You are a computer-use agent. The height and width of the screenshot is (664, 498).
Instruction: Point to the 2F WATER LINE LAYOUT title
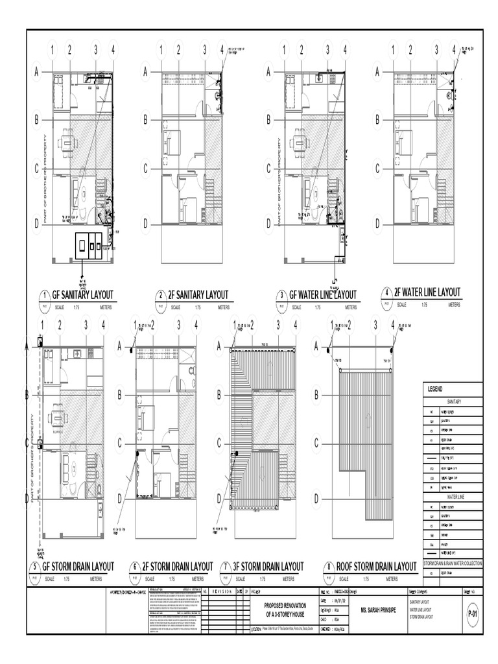[x=427, y=292]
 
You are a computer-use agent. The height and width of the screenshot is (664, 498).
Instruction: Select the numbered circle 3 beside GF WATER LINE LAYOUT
[x=281, y=296]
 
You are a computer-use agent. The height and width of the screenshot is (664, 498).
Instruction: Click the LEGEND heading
[x=434, y=389]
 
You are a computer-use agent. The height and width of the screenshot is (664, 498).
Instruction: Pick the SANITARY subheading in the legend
[x=453, y=401]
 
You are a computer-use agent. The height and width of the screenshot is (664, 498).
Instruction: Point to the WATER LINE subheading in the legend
[x=453, y=496]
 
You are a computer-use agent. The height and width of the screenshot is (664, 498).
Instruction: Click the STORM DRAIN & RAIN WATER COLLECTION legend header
[x=453, y=564]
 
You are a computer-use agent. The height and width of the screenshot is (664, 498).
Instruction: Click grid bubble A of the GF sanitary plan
[x=37, y=72]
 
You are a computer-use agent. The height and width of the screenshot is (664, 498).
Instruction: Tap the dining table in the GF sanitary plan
[x=65, y=142]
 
